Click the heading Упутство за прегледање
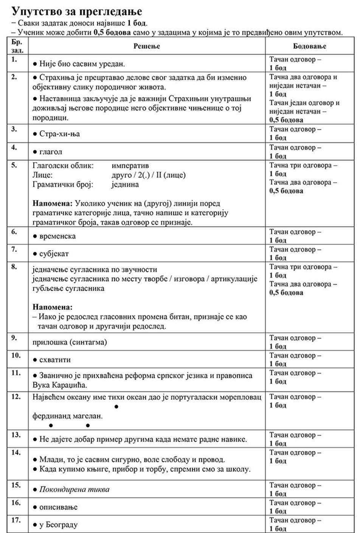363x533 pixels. click(x=77, y=10)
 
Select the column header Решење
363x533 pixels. click(x=147, y=46)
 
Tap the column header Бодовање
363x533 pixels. click(x=309, y=46)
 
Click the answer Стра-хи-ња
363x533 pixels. click(x=59, y=134)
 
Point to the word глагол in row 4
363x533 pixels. click(x=51, y=152)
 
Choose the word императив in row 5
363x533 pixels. click(x=130, y=166)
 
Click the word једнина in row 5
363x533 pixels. click(x=125, y=185)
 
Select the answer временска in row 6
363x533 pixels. click(x=57, y=236)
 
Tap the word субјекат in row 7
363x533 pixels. click(x=54, y=254)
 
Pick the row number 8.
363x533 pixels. click(x=14, y=267)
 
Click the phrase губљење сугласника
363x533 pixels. click(x=68, y=289)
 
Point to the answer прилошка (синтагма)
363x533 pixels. click(x=70, y=342)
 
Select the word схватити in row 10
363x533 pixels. click(x=55, y=360)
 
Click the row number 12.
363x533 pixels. click(x=16, y=397)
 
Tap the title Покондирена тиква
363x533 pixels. click(x=74, y=489)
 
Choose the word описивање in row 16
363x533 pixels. click(x=58, y=507)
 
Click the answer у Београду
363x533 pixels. click(x=58, y=525)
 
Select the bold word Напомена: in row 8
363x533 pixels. click(x=52, y=307)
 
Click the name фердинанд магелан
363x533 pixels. click(x=67, y=416)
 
